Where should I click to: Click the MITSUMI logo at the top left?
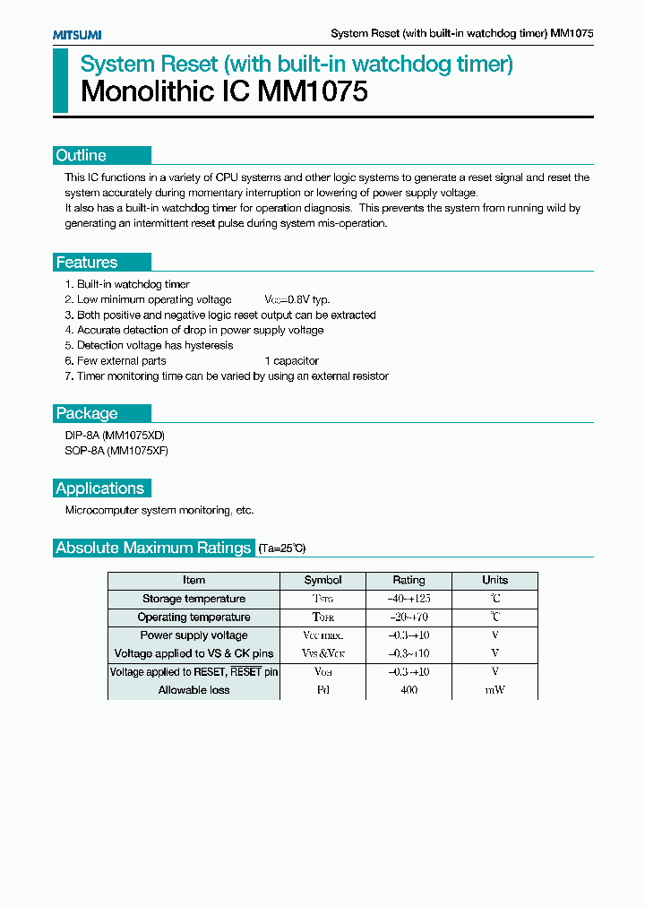(76, 34)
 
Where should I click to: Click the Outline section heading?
(82, 155)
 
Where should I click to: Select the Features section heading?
(87, 263)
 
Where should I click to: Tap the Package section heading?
(87, 413)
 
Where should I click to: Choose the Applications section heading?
(99, 488)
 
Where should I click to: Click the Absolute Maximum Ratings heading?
(153, 548)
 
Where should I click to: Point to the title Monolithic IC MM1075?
(224, 92)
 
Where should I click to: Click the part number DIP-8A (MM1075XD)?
(115, 436)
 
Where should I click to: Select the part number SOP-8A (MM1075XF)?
(116, 451)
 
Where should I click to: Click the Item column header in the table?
(193, 580)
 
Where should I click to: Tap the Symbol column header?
(322, 580)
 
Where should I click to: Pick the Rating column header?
(408, 580)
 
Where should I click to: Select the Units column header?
(494, 580)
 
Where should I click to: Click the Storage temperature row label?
(193, 599)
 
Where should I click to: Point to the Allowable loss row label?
(193, 690)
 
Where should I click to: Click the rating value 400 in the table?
(408, 690)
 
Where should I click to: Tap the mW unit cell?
(494, 690)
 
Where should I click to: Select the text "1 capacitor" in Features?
(291, 361)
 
